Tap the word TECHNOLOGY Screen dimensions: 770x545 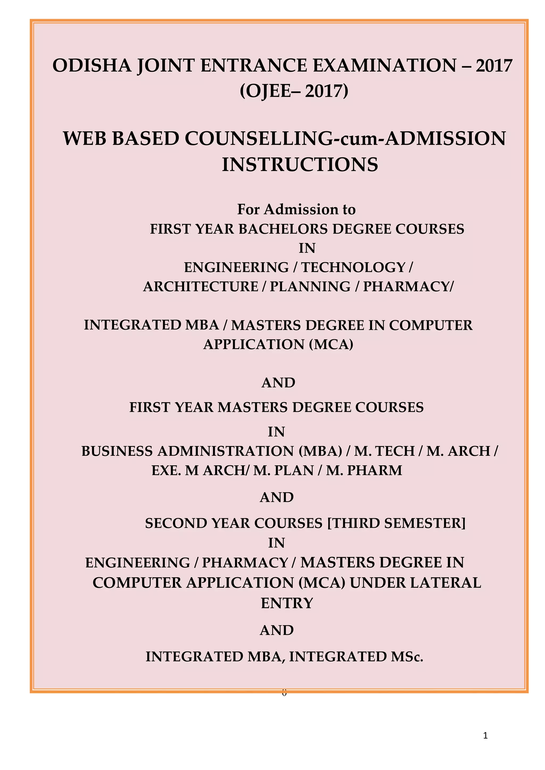[x=353, y=267]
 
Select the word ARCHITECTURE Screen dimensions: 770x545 [x=201, y=286]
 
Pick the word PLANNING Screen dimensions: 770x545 [x=310, y=286]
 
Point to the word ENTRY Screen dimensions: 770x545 [x=287, y=603]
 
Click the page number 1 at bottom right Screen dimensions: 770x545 [x=485, y=736]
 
